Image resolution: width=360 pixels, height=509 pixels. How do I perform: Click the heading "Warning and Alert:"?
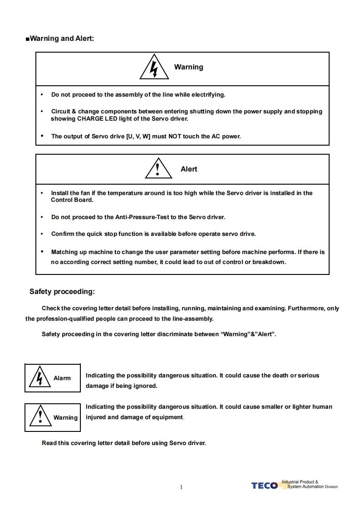click(62, 38)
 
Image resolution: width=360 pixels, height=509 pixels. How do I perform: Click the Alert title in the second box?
click(189, 169)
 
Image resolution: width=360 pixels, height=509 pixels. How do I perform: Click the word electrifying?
click(208, 95)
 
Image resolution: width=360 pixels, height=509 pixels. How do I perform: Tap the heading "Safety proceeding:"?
click(62, 292)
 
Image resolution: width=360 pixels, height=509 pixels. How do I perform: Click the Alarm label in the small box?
click(62, 378)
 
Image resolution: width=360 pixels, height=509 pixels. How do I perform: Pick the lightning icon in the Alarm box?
click(40, 377)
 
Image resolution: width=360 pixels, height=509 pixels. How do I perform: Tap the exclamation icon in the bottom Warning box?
click(40, 416)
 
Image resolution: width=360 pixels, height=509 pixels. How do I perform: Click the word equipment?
click(166, 417)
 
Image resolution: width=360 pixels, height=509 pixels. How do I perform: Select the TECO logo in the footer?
click(264, 486)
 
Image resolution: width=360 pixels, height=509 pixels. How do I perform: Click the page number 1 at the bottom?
click(181, 487)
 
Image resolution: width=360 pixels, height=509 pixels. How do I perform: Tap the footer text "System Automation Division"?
click(312, 487)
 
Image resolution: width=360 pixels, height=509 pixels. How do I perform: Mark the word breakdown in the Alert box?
click(269, 262)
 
